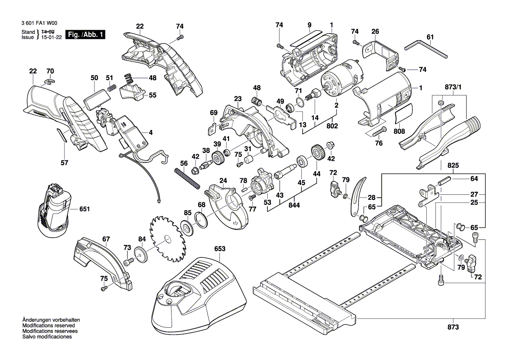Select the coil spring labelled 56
pos(188,179)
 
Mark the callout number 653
pos(220,249)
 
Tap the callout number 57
pos(64,163)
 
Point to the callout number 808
pos(399,131)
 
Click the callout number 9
pos(309,25)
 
